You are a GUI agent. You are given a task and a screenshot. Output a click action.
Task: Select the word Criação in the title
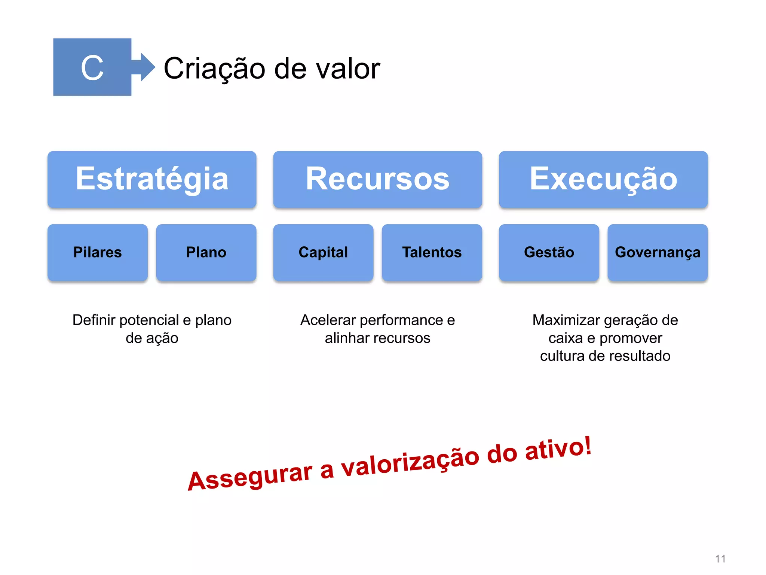coord(214,69)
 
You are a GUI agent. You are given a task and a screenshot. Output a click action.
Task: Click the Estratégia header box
coord(152,179)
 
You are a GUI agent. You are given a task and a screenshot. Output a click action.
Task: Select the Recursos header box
coord(377,179)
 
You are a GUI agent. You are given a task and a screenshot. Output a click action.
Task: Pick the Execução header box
coord(603,179)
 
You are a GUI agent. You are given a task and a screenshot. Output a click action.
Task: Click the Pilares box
coord(98,252)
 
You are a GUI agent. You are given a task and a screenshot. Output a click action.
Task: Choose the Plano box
coord(206,252)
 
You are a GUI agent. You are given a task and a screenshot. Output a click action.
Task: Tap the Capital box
coord(323,252)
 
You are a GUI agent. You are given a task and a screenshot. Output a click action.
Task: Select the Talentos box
coord(432,252)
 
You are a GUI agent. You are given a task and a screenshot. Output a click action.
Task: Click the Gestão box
coord(549,252)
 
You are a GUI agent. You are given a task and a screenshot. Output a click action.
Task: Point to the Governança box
coord(657,252)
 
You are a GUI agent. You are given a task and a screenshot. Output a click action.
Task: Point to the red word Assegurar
coord(250,476)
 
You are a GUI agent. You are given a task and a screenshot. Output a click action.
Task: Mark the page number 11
coord(720,559)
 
